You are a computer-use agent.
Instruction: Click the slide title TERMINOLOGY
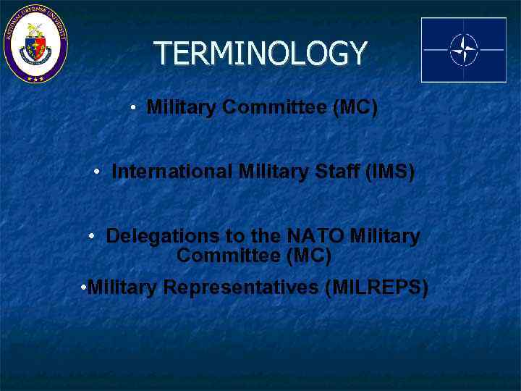260,54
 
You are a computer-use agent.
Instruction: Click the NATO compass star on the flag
463,50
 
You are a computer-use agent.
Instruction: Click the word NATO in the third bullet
315,236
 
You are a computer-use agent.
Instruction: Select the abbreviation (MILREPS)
376,287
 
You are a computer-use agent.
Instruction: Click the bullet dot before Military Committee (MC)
135,109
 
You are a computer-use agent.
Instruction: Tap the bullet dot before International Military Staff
97,172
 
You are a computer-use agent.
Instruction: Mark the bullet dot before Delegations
92,236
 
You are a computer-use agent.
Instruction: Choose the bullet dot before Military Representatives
85,287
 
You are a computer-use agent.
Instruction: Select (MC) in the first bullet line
355,108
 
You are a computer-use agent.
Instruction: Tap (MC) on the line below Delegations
309,256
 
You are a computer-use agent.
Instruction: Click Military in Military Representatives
122,287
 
